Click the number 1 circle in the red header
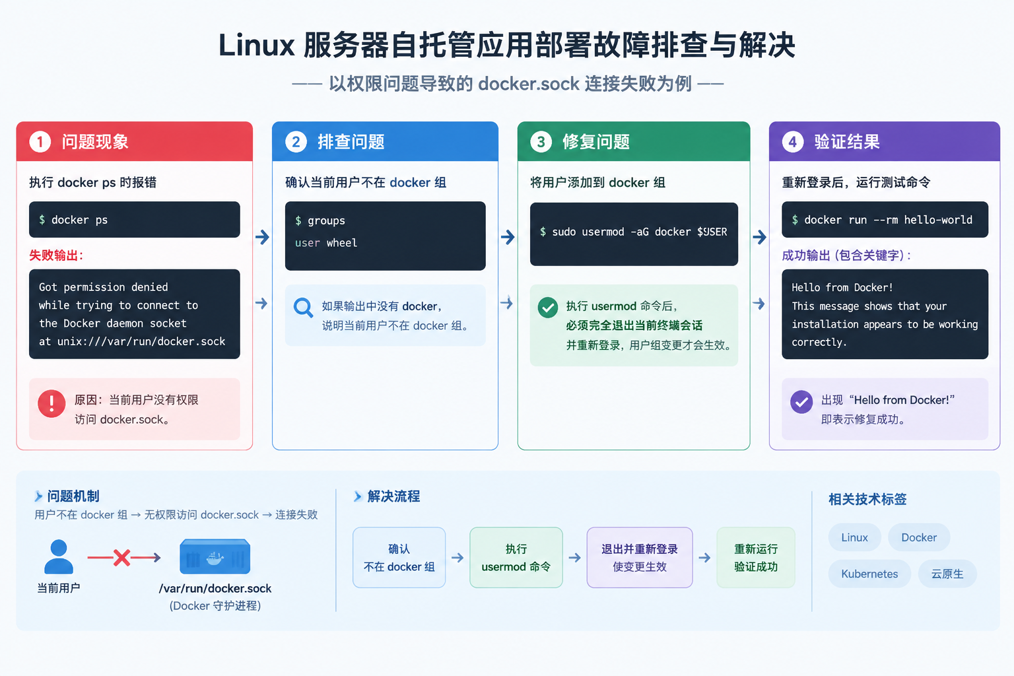[40, 142]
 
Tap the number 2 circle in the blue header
[296, 142]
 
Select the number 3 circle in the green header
[541, 142]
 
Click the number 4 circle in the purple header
[793, 142]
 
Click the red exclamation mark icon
[51, 403]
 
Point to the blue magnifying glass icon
[303, 308]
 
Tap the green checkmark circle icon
[548, 308]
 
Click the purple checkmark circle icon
[801, 401]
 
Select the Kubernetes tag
[869, 574]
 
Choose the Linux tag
[854, 537]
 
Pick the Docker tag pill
[918, 537]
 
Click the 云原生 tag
[947, 574]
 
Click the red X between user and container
[121, 557]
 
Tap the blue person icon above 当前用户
[59, 557]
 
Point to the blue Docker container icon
[215, 557]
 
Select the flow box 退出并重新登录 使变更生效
[640, 557]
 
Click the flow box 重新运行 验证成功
[755, 557]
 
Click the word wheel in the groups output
[342, 243]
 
